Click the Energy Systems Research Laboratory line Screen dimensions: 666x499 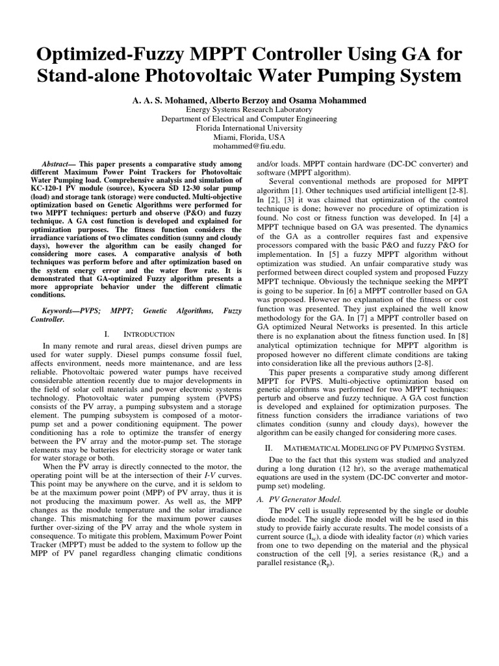tap(249, 110)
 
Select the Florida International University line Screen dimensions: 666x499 tap(249, 128)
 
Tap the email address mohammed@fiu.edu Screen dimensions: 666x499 tap(249, 146)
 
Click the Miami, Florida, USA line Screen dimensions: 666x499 tap(249, 137)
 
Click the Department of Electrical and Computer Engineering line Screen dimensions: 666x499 tap(249, 119)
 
